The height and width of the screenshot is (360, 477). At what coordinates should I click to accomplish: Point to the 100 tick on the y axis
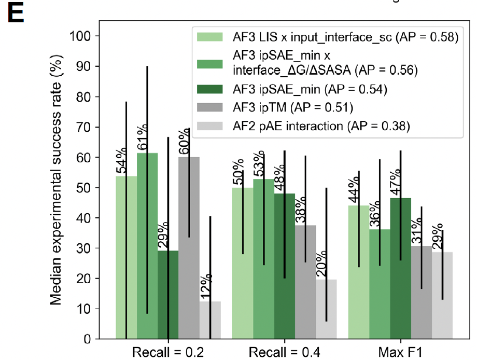[91, 36]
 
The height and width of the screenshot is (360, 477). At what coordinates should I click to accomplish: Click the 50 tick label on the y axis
[94, 188]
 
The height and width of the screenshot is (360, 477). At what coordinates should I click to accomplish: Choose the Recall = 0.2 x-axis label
[168, 353]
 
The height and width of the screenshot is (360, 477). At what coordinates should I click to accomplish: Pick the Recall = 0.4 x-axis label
[284, 353]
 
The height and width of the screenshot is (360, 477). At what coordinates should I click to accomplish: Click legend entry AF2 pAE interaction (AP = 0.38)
[321, 125]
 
